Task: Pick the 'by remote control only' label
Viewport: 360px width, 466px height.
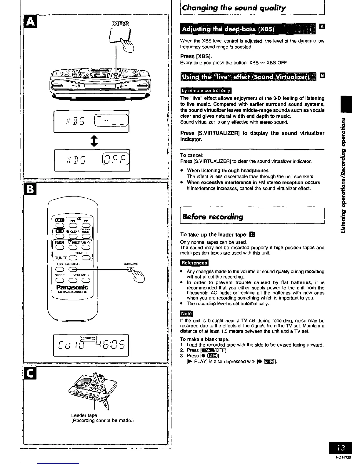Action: pyautogui.click(x=206, y=91)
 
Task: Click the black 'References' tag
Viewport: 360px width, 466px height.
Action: pyautogui.click(x=194, y=263)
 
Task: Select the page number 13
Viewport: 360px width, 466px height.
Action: pyautogui.click(x=341, y=448)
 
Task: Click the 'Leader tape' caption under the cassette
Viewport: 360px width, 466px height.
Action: pyautogui.click(x=84, y=415)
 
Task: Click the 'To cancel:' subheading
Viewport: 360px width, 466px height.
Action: pyautogui.click(x=192, y=155)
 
